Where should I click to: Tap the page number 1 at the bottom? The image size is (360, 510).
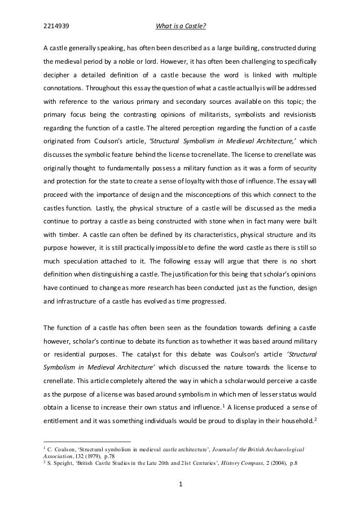tap(179, 483)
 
